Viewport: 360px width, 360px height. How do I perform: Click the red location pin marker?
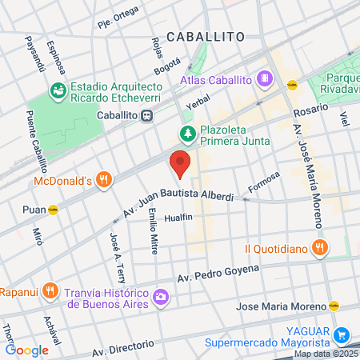pyautogui.click(x=181, y=164)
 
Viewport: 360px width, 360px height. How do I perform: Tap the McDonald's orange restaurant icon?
pyautogui.click(x=102, y=181)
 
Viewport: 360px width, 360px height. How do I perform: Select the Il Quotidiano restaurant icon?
pyautogui.click(x=319, y=247)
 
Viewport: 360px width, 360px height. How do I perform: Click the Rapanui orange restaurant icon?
pyautogui.click(x=50, y=290)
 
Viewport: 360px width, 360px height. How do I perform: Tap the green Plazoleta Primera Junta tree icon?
pyautogui.click(x=186, y=134)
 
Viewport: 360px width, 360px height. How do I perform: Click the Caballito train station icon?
pyautogui.click(x=146, y=115)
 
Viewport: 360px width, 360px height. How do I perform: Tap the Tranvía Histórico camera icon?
pyautogui.click(x=161, y=297)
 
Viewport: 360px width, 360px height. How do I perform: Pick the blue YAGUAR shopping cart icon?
pyautogui.click(x=342, y=335)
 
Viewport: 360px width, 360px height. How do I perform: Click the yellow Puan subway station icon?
pyautogui.click(x=53, y=210)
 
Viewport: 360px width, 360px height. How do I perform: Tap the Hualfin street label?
pyautogui.click(x=178, y=218)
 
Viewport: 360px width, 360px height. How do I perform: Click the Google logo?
pyautogui.click(x=27, y=350)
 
